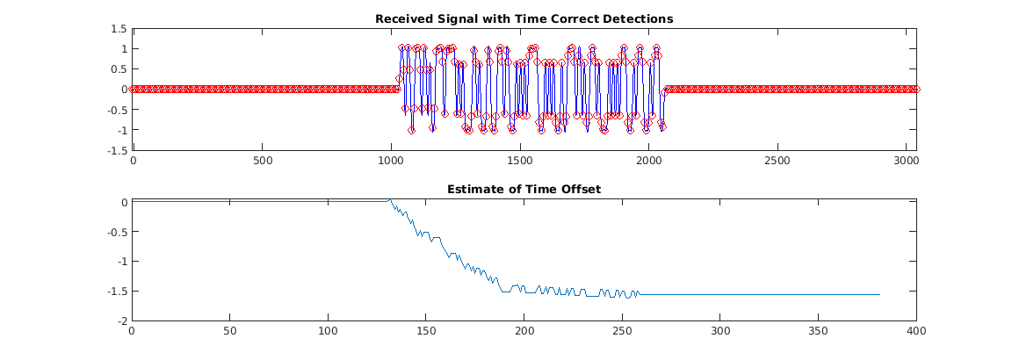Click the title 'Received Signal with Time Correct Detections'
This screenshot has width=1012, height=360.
pyautogui.click(x=524, y=18)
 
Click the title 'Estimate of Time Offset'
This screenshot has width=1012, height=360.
pyautogui.click(x=524, y=189)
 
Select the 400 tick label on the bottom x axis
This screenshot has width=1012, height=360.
pyautogui.click(x=916, y=332)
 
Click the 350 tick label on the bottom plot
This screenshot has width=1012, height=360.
pyautogui.click(x=819, y=332)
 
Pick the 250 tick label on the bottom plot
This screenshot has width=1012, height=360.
pyautogui.click(x=622, y=332)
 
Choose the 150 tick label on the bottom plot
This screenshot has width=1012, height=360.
pyautogui.click(x=426, y=332)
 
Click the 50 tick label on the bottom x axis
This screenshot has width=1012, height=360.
pyautogui.click(x=229, y=332)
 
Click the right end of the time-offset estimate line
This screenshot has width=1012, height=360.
pyautogui.click(x=879, y=294)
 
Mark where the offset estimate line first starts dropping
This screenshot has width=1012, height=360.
pyautogui.click(x=389, y=201)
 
